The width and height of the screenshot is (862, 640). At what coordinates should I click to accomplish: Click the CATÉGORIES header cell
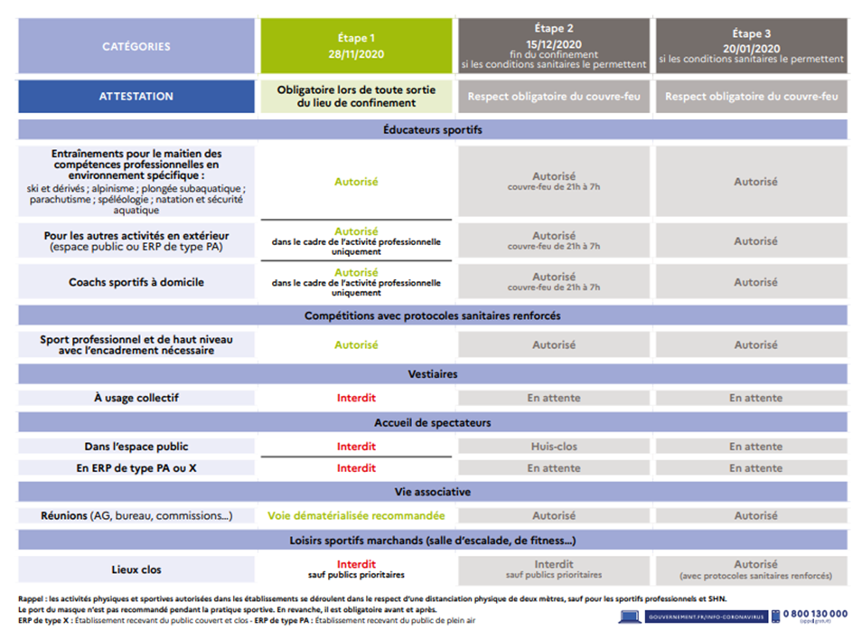[x=136, y=46]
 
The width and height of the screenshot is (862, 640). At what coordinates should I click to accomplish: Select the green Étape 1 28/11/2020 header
[x=356, y=46]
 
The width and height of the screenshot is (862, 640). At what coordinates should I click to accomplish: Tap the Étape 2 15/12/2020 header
[x=554, y=46]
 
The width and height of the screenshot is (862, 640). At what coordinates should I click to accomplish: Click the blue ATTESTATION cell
[x=136, y=97]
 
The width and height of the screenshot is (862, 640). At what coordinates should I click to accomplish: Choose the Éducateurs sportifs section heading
[x=433, y=130]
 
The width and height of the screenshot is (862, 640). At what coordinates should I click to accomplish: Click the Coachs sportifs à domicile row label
[x=136, y=282]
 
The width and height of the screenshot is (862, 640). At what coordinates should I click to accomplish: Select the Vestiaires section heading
[x=433, y=373]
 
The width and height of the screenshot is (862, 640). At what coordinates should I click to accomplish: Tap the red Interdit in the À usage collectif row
[x=356, y=398]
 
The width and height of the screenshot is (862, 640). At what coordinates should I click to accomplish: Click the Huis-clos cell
[x=554, y=447]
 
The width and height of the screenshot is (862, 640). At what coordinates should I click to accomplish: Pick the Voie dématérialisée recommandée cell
[x=356, y=515]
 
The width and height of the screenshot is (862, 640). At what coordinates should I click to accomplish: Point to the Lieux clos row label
[x=136, y=569]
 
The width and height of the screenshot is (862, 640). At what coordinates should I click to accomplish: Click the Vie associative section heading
[x=433, y=492]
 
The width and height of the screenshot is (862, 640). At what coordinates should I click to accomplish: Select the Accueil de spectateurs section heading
[x=433, y=422]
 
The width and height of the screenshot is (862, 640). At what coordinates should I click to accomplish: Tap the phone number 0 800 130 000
[x=814, y=614]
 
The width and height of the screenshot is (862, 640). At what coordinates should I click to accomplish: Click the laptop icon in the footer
[x=630, y=616]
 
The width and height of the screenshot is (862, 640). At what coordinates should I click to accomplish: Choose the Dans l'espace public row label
[x=136, y=447]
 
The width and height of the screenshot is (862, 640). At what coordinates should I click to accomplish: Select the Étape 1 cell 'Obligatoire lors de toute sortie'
[x=356, y=97]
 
